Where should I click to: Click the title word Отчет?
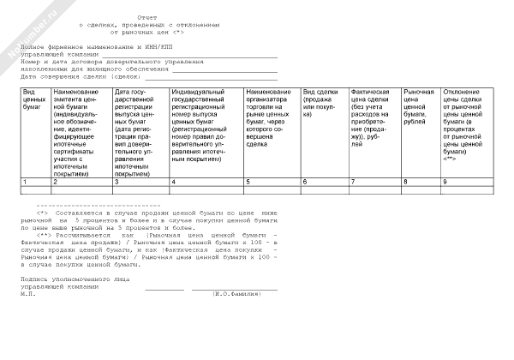tap(146, 17)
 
